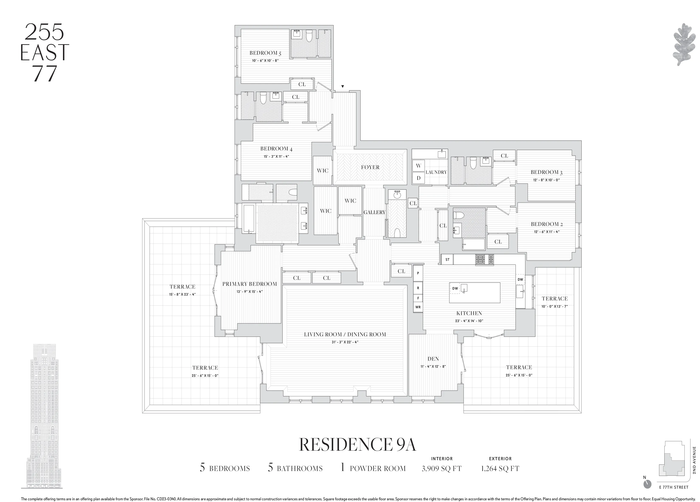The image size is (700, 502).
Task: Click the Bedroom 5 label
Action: click(x=265, y=53)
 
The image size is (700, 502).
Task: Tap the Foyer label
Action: click(x=370, y=167)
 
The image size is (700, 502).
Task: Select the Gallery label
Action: click(x=374, y=212)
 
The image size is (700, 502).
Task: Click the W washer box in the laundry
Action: click(x=418, y=166)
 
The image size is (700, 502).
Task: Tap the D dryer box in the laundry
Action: click(x=418, y=178)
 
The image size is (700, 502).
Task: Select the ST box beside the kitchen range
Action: click(x=447, y=260)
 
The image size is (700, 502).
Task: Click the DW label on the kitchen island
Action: click(x=455, y=289)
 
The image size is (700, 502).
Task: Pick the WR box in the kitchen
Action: click(x=418, y=307)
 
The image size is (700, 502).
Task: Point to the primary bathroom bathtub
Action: click(x=249, y=219)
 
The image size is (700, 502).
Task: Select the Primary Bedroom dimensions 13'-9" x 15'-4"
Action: click(x=250, y=292)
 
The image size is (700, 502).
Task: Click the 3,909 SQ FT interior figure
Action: click(x=441, y=469)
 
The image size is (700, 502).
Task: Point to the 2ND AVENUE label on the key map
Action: click(x=694, y=460)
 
